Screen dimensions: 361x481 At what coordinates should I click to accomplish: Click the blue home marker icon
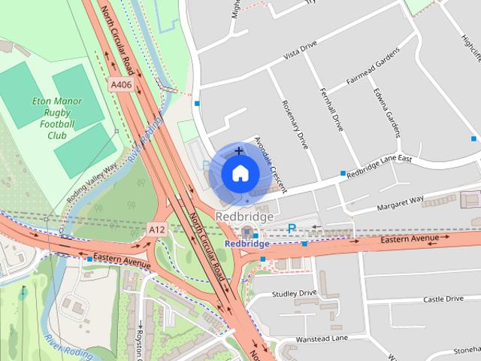click(x=240, y=174)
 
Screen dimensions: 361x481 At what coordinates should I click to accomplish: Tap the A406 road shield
click(x=120, y=85)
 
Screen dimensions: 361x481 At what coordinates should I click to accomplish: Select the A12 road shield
click(x=156, y=229)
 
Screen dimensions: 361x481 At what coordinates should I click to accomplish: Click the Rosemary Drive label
click(x=295, y=125)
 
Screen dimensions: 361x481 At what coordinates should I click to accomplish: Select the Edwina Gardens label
click(x=384, y=114)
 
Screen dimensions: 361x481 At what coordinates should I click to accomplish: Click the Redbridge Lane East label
click(x=380, y=165)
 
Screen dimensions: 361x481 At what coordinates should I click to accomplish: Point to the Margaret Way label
click(x=401, y=201)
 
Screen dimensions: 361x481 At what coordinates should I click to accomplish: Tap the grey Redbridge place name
click(x=244, y=216)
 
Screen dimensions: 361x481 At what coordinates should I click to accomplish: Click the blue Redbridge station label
click(x=247, y=244)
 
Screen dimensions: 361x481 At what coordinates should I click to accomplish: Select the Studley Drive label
click(x=295, y=293)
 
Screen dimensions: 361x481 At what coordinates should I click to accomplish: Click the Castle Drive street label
click(x=443, y=299)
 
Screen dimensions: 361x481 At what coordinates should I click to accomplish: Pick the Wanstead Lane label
click(x=322, y=338)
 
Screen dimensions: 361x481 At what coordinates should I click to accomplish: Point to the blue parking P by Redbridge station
click(x=292, y=228)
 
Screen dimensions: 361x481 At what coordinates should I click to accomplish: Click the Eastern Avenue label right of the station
click(x=409, y=238)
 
